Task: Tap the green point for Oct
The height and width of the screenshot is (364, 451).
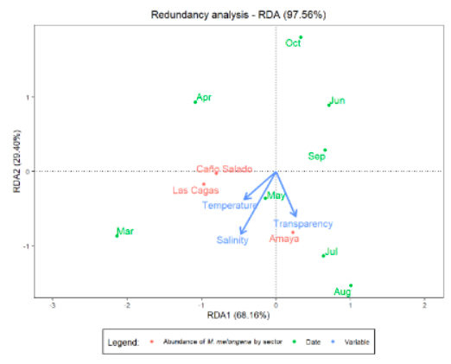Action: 301,37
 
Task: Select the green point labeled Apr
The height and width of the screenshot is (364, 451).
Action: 195,102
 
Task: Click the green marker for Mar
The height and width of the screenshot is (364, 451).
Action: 117,234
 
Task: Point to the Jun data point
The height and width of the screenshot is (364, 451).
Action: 329,105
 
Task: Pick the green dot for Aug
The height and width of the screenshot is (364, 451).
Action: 351,285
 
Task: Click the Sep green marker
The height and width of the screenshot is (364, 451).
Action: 325,150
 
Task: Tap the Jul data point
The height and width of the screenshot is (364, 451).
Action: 323,255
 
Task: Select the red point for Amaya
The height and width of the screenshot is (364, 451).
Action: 293,232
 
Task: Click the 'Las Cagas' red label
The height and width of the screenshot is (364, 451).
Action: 195,190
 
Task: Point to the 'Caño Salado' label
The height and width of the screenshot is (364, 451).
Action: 224,169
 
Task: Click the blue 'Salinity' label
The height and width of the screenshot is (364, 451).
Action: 232,240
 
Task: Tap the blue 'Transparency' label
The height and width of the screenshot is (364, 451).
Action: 303,224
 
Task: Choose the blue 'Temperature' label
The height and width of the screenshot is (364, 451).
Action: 230,206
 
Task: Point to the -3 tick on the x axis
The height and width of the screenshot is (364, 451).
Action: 53,305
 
